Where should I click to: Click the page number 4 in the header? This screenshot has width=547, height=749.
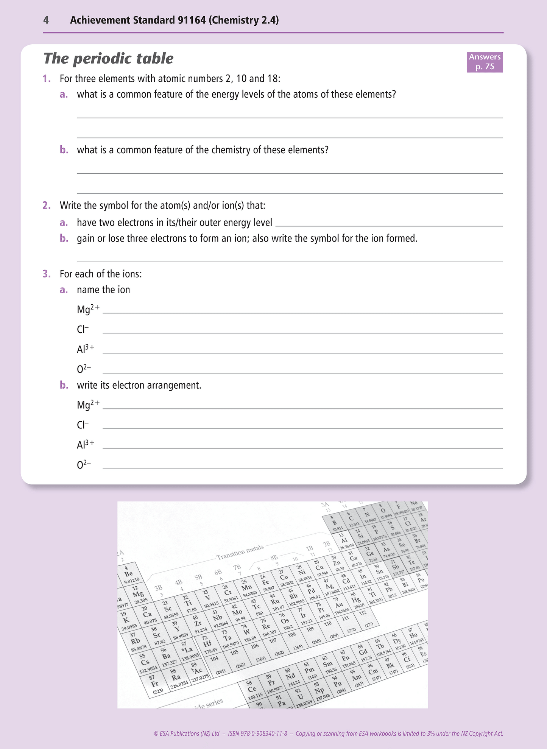46,20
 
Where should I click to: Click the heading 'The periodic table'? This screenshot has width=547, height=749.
108,59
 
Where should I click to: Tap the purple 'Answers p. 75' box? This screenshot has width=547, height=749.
485,62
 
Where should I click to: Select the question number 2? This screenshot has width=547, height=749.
47,206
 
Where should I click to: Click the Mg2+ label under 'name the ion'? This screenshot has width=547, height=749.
88,309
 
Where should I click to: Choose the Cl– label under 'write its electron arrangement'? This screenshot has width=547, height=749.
83,425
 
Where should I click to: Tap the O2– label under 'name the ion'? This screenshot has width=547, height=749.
84,369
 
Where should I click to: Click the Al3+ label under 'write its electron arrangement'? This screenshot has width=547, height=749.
86,444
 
